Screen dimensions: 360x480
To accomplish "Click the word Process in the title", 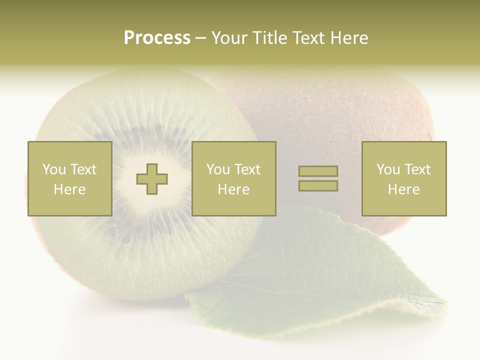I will tap(157, 38).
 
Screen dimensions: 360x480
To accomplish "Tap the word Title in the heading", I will tap(270, 38).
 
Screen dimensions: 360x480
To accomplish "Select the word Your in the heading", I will tap(230, 38).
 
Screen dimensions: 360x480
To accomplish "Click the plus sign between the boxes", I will tap(152, 179).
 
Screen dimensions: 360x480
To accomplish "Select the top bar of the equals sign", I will tap(318, 171).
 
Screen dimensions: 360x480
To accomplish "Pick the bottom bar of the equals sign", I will tap(318, 186).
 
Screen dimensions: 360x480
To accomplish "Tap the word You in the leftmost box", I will tap(54, 169).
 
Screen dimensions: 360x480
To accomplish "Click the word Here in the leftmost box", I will tap(70, 189).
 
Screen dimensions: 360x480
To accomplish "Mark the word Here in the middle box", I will tap(234, 189).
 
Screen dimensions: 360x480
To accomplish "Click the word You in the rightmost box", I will tap(388, 169).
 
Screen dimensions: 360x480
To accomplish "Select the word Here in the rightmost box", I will tap(404, 189).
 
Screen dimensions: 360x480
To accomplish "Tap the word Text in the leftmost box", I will tap(83, 169).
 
